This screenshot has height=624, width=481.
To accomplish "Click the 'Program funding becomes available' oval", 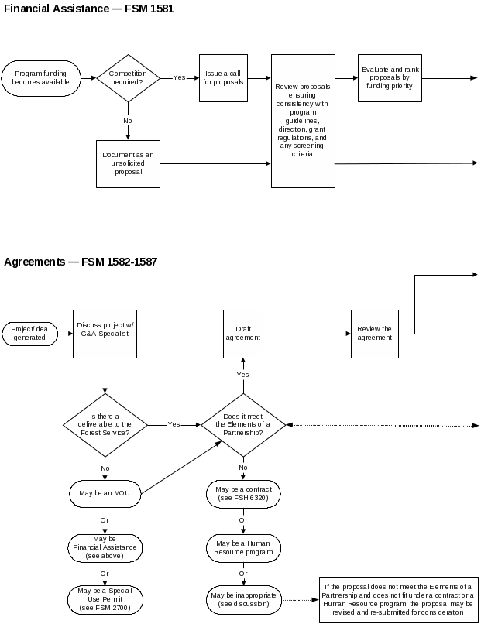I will click(40, 78).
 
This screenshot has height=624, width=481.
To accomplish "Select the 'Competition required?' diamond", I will click(127, 77).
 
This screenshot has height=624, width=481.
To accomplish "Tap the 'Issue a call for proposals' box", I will click(223, 77).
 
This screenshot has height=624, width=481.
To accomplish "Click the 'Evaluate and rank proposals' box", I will click(390, 78).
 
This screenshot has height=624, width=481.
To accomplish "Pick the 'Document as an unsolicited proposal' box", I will click(128, 163).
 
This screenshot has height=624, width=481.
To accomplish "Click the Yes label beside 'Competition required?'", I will click(179, 77).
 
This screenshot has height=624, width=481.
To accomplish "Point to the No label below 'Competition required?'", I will click(128, 120).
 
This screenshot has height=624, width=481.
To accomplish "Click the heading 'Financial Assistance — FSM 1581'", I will click(89, 9).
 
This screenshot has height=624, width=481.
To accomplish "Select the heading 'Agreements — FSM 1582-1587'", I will click(81, 262).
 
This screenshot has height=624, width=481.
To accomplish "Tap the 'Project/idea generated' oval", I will click(29, 334).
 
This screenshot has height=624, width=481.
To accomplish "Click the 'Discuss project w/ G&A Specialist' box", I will click(105, 334).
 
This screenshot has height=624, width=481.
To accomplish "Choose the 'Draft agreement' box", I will click(242, 334).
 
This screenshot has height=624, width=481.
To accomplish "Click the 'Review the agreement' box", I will click(374, 334).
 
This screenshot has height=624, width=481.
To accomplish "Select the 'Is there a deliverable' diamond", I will click(105, 425).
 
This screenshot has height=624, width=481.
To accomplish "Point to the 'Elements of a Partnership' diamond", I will click(243, 425).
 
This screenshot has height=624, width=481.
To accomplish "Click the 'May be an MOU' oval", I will click(105, 493).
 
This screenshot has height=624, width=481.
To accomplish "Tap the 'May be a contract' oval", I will click(243, 494).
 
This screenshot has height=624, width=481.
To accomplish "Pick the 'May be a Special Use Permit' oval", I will click(105, 600).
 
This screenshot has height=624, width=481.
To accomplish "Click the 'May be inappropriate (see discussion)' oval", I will click(243, 599).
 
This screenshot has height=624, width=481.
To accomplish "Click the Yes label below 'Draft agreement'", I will click(242, 375).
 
